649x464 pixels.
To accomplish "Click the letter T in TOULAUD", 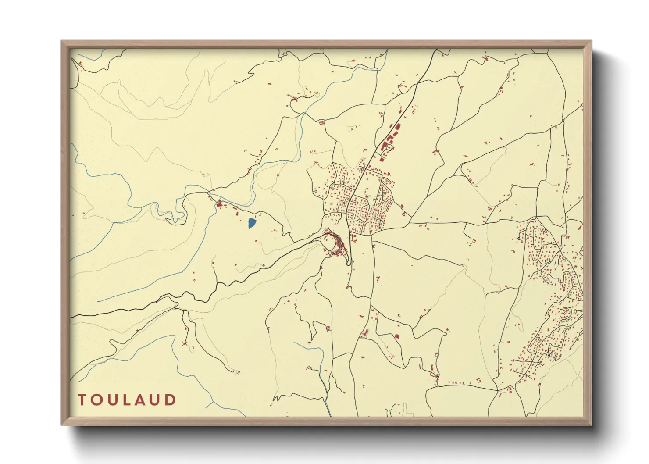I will pyautogui.click(x=82, y=400).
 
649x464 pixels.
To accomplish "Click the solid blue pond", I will pyautogui.click(x=251, y=223).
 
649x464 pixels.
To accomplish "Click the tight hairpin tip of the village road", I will pyautogui.click(x=349, y=263).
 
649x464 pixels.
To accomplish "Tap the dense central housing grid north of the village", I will pyautogui.click(x=364, y=211).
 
